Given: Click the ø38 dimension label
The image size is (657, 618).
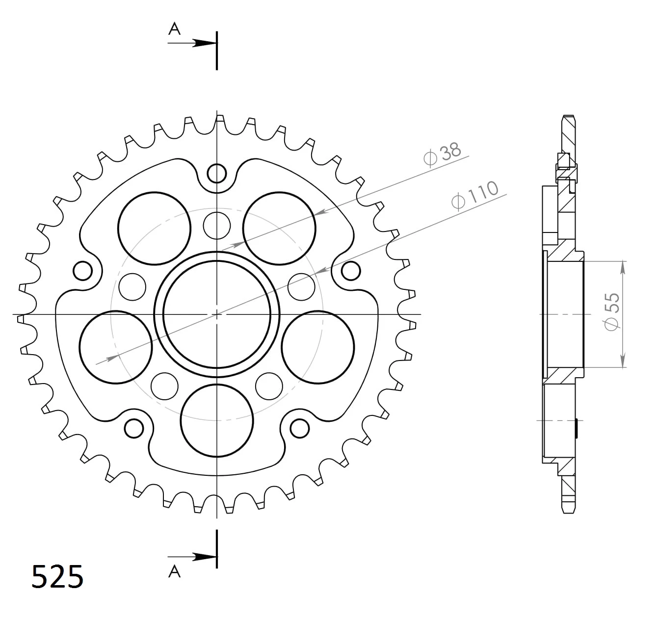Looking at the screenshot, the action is pos(442,154).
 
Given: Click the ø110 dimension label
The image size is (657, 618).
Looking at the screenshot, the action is pos(475,196).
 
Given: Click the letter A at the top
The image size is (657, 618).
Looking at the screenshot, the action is pos(174,29).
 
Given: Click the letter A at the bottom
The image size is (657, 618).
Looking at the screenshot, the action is pos(174,571).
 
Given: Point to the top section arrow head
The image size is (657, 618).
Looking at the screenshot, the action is pos(205,43).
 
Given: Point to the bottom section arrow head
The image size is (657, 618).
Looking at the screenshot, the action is pos(205,557).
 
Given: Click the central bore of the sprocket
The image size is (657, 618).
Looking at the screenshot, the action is pos(217,314).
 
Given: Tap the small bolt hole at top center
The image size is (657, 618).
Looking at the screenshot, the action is pos(217,173).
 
